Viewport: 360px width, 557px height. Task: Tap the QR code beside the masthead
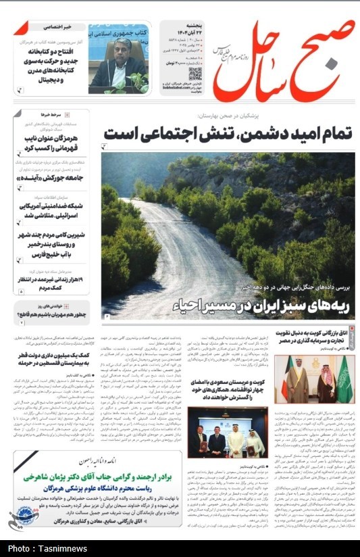click(195, 74)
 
